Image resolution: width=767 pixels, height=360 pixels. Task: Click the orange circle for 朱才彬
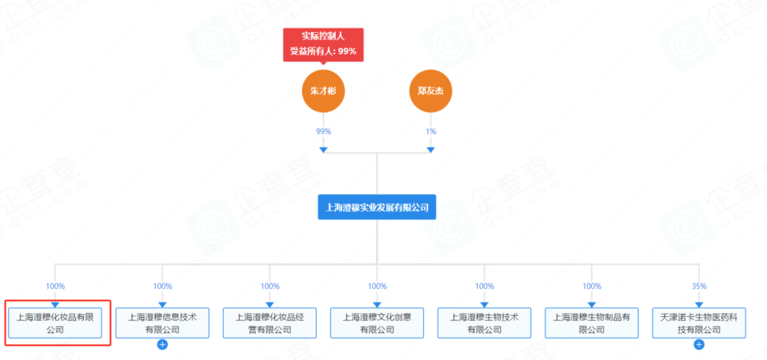tap(323, 91)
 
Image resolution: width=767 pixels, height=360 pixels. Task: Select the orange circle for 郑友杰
tap(430, 91)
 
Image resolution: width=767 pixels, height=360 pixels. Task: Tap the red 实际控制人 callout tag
tap(323, 44)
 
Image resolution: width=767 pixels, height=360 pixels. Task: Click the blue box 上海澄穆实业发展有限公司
tap(377, 207)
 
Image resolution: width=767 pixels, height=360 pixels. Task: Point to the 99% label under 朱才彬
tap(323, 131)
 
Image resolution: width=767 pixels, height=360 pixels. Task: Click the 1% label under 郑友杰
tap(430, 131)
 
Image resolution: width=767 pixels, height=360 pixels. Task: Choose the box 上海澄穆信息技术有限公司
tap(163, 323)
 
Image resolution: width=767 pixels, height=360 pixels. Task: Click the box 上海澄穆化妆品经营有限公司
tap(270, 323)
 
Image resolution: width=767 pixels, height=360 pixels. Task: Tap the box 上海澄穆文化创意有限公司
tap(377, 323)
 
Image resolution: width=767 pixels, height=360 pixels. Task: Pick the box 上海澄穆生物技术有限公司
tap(484, 323)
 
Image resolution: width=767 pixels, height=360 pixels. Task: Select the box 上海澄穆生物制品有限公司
tap(592, 323)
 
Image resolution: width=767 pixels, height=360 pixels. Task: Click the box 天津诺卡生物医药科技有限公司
tap(699, 323)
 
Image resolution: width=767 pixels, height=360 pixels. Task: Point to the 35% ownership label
tap(699, 286)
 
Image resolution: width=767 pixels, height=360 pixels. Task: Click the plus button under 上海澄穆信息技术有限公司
tap(163, 345)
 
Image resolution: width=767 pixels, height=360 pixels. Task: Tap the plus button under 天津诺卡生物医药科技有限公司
tap(699, 345)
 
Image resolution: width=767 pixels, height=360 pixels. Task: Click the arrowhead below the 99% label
tap(323, 149)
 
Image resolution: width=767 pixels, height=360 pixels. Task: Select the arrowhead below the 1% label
tap(430, 149)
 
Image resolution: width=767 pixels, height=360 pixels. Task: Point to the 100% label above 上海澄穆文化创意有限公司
tap(377, 286)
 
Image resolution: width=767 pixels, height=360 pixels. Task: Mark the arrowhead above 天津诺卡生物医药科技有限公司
tap(699, 304)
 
